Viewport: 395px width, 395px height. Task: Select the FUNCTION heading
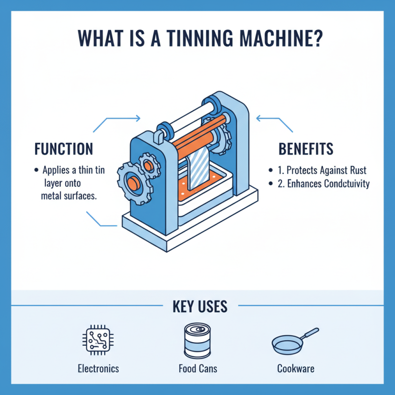tap(64, 149)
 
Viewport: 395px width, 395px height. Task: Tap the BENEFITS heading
tap(306, 149)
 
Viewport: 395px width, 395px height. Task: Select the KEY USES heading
tap(200, 306)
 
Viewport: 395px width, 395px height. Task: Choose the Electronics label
tap(98, 368)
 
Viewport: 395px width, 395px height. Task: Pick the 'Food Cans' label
tap(197, 368)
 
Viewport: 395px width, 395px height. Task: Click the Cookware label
tap(296, 368)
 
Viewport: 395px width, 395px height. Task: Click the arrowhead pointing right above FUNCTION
tap(138, 118)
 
